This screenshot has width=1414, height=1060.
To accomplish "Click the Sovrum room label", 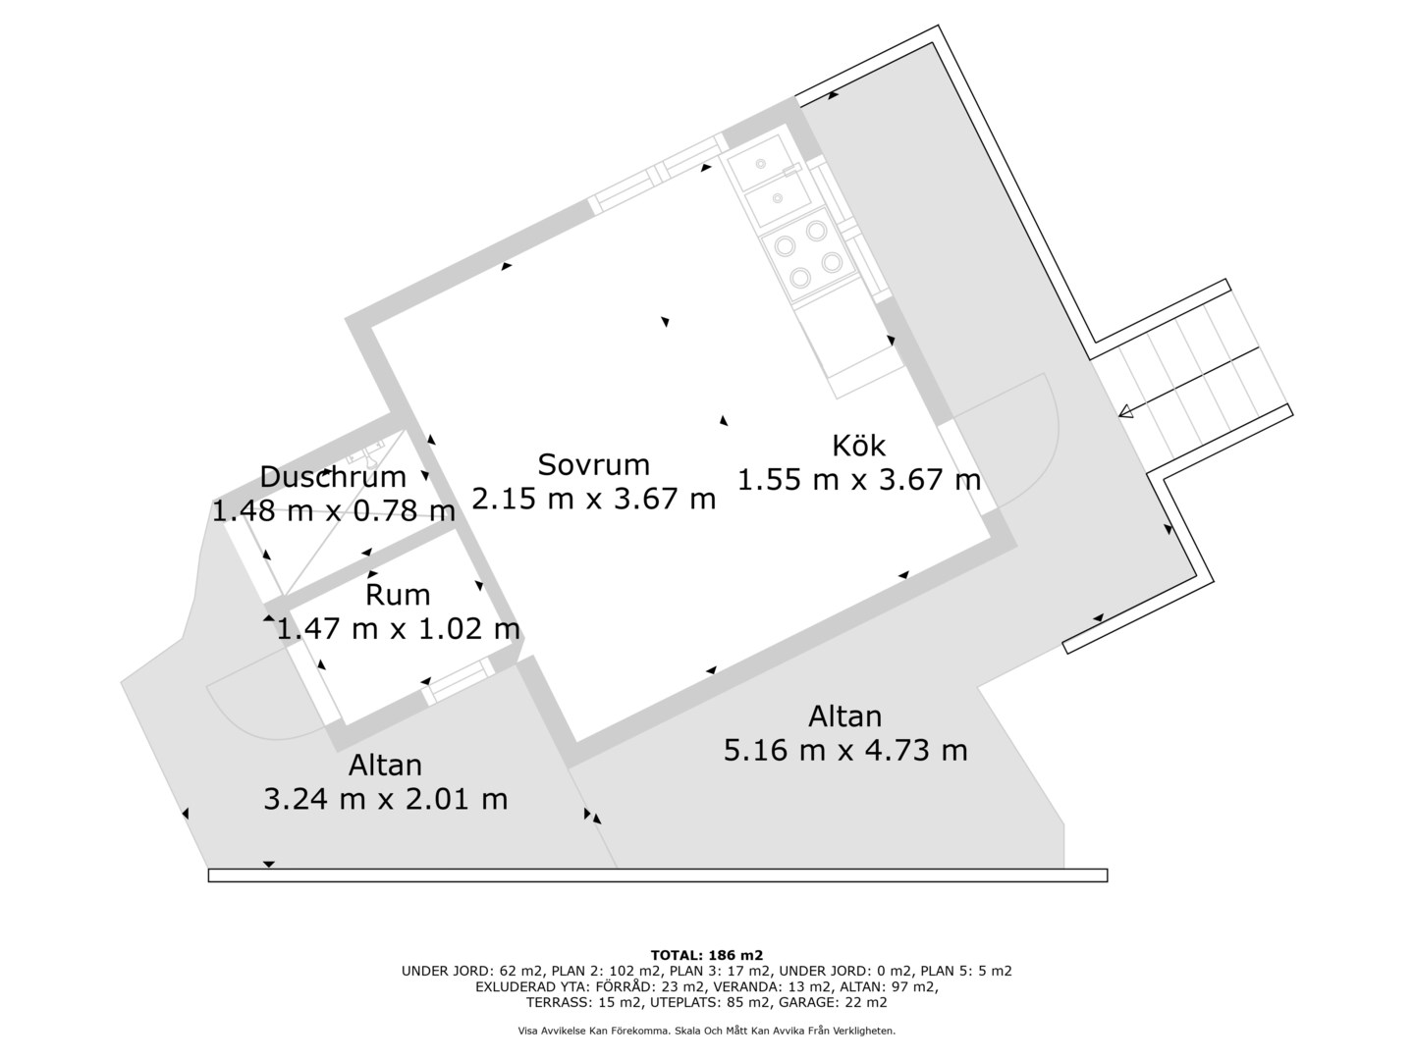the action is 593,465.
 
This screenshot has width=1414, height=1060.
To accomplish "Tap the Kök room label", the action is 858,446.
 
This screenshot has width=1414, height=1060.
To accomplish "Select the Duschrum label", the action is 333,478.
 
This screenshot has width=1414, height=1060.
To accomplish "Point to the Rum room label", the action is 398,596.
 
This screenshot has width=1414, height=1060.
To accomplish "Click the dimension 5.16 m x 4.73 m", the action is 845,751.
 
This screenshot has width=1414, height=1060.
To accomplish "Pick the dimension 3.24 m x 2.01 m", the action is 385,799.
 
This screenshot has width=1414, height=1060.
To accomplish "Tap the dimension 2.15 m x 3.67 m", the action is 593,499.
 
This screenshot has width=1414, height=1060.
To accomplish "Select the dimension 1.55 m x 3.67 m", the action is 858,480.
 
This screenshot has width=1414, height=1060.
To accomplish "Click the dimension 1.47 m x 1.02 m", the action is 398,629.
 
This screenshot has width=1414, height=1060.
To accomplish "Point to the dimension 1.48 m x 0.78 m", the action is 334,511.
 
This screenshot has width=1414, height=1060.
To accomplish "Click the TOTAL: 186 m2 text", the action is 707,955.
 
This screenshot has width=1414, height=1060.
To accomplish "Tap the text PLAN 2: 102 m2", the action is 607,971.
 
